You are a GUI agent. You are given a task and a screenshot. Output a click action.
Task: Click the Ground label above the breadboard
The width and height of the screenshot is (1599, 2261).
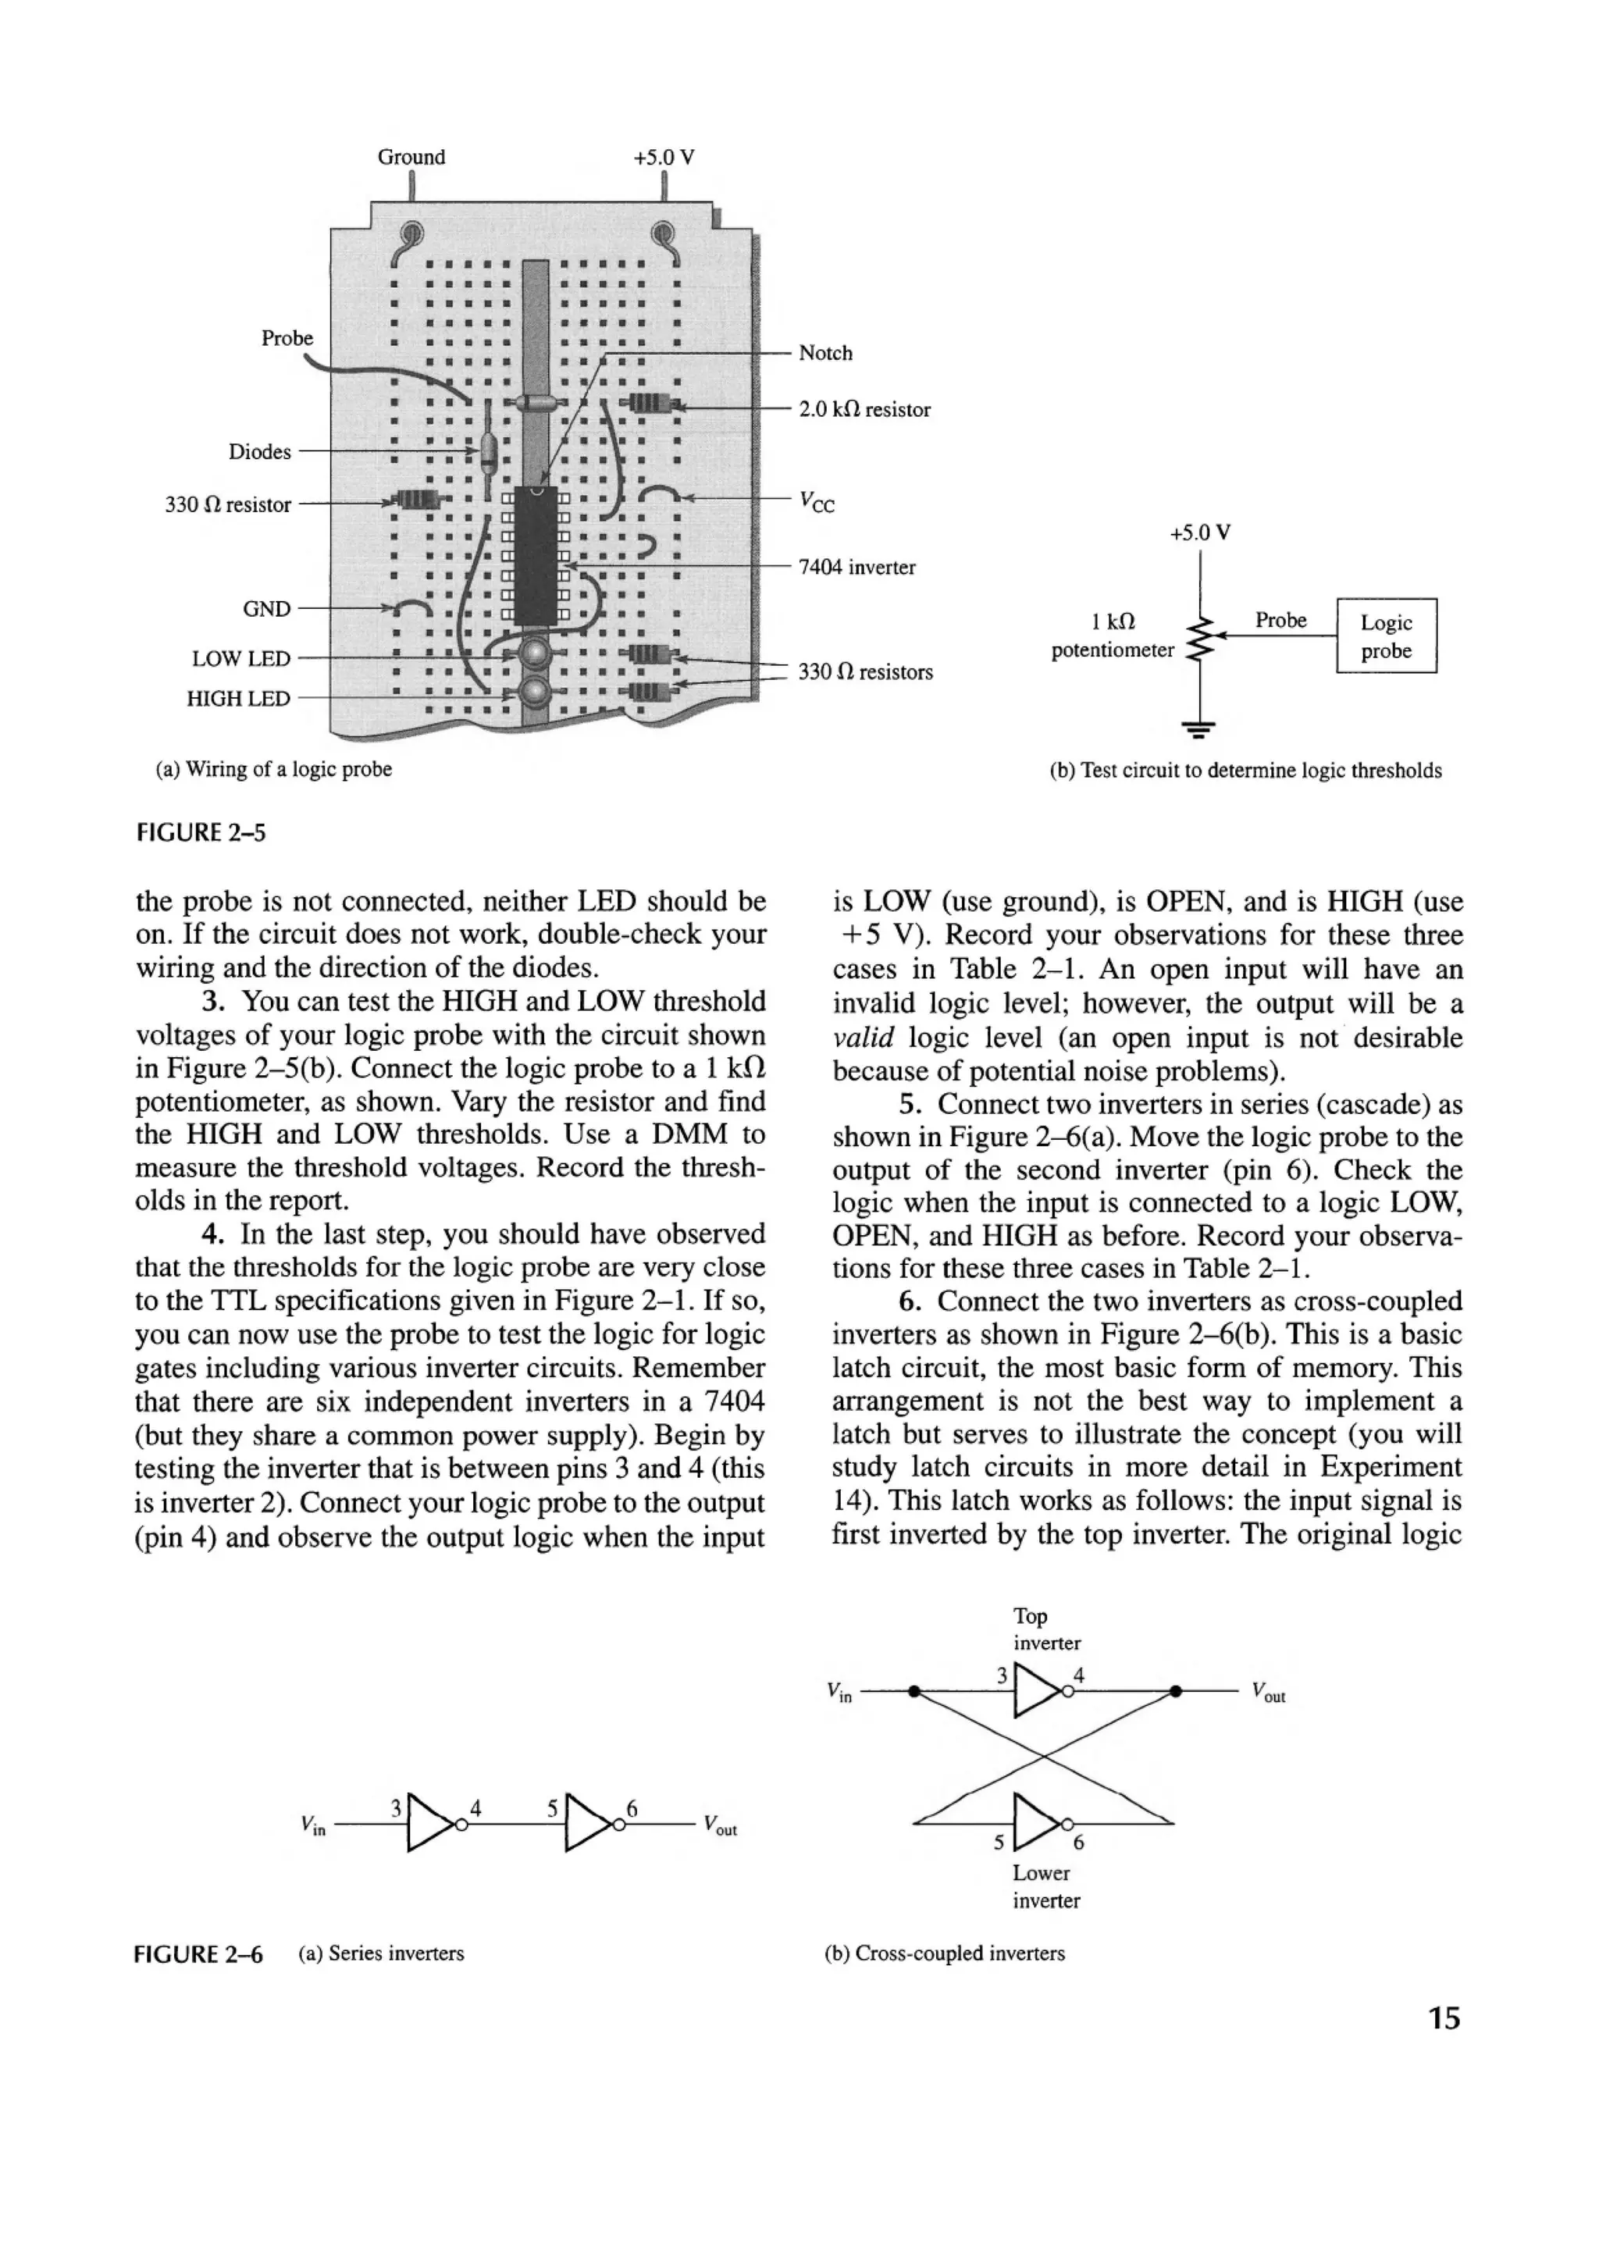click(411, 157)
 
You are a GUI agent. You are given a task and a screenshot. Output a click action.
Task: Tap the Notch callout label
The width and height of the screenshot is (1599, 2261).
click(824, 353)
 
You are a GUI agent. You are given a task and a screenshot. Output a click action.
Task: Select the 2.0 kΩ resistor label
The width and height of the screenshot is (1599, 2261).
click(864, 410)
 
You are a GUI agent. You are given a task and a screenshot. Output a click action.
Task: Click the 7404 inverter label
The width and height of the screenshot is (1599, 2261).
click(856, 568)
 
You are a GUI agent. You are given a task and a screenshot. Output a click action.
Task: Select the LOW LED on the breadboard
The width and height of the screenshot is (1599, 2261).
click(535, 654)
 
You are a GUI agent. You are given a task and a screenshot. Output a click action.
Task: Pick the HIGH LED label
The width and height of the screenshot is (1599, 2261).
click(238, 698)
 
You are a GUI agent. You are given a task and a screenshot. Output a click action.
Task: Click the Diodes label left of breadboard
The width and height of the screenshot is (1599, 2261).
click(260, 452)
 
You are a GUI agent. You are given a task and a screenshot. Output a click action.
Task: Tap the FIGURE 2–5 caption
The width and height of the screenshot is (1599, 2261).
click(200, 833)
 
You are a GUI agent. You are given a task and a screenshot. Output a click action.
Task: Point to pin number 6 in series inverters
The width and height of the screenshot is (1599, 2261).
click(633, 1808)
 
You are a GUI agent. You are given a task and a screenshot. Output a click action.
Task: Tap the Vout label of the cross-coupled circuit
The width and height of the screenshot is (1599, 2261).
click(1268, 1693)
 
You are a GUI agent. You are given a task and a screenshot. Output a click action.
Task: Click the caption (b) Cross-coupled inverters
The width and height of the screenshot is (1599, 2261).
click(944, 1953)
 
